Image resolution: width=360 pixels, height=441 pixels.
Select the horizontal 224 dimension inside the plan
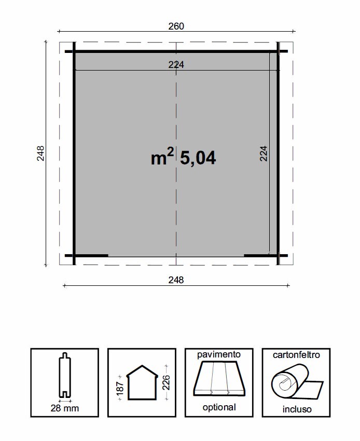tap(176, 64)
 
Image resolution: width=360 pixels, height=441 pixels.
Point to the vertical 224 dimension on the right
tap(264, 154)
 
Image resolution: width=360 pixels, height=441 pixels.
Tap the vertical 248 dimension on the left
tap(41, 154)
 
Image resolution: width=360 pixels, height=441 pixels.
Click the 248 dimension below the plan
tap(176, 280)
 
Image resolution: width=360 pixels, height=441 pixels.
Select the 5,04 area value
tap(198, 158)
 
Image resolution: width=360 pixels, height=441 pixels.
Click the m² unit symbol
tap(162, 158)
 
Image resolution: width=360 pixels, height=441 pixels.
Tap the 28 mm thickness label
tap(65, 408)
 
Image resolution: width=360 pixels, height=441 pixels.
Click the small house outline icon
tap(142, 383)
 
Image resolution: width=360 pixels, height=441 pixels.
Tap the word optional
tap(219, 408)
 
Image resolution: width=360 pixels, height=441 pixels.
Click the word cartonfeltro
tap(296, 355)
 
